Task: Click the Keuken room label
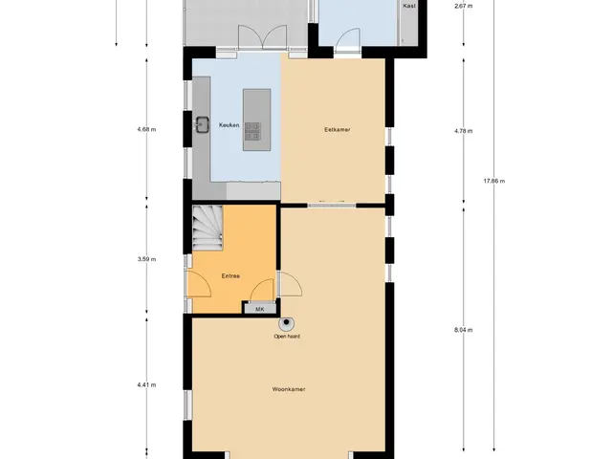coord(229,125)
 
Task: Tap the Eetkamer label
coord(338,130)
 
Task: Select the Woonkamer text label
coord(289,389)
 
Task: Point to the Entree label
coord(230,276)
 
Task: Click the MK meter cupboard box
coord(260,309)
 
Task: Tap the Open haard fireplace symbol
coord(287,323)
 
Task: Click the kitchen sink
coord(202,124)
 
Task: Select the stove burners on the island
coord(252,131)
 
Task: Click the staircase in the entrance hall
coord(208,228)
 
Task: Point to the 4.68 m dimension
coord(146,130)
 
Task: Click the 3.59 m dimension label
coord(146,259)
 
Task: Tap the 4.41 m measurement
coord(146,384)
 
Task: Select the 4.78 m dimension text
coord(463,131)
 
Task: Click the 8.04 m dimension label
coord(463,330)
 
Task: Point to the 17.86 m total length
coord(494,181)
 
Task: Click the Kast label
coord(409,6)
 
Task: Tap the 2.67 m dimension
coord(463,6)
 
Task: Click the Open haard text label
coord(287,336)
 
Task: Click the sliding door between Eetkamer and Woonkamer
coord(332,206)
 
